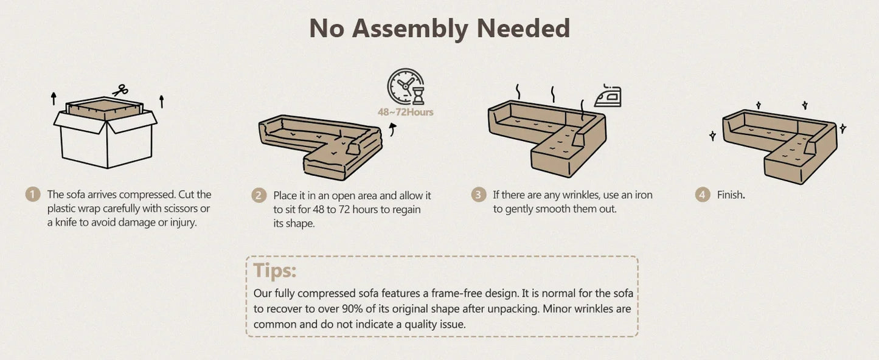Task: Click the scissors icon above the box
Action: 120,91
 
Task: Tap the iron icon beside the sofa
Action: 608,96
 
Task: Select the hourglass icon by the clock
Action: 419,96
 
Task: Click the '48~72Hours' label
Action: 405,112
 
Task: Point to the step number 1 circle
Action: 33,195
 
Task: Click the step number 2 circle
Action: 259,195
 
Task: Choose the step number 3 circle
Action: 478,195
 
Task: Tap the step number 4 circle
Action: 703,195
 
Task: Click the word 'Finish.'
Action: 731,195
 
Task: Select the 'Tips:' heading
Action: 275,270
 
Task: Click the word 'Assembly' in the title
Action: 410,29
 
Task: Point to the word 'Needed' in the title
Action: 524,28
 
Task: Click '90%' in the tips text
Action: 352,309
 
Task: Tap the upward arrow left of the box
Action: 54,99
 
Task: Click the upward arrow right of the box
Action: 161,102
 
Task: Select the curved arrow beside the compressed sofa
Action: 393,129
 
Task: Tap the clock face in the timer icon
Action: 405,86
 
